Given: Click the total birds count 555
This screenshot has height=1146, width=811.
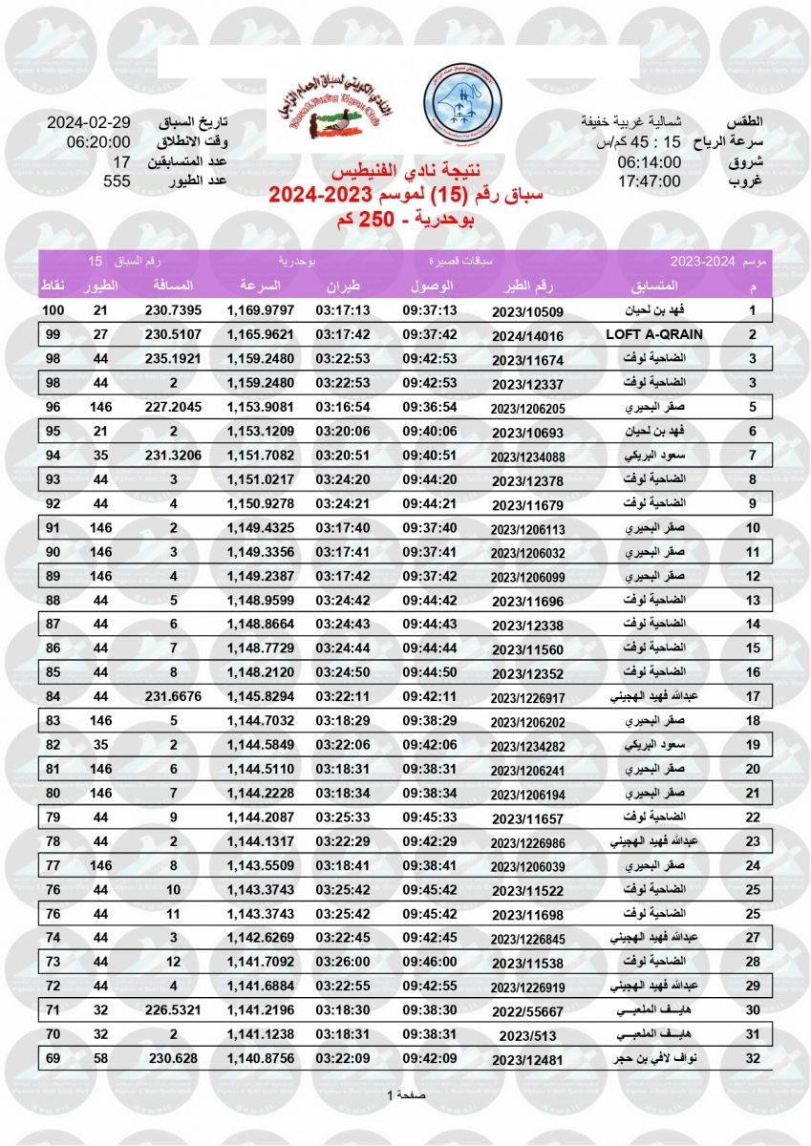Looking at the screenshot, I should click(x=117, y=181).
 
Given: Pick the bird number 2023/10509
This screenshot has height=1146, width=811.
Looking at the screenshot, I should click(x=528, y=311).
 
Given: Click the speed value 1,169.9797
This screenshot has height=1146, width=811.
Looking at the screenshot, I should click(x=261, y=311).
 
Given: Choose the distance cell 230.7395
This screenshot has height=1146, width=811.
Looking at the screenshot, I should click(x=174, y=311).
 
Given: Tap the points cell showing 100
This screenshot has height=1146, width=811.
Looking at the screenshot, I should click(x=53, y=311).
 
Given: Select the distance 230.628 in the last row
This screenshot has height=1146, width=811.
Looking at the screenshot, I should click(x=174, y=1059).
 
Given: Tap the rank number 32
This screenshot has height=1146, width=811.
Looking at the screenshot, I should click(x=753, y=1059).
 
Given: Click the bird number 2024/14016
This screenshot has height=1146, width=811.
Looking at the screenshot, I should click(x=528, y=335).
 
